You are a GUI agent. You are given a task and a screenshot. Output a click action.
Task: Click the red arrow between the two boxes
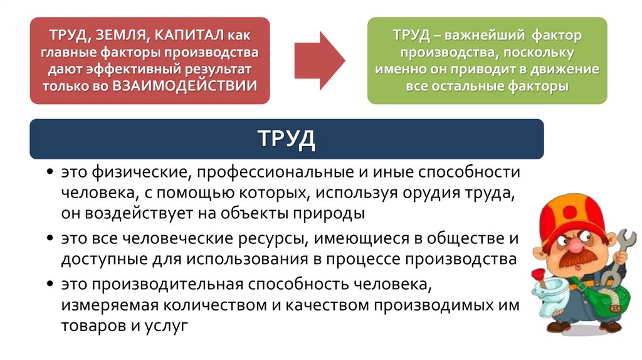pyautogui.click(x=319, y=60)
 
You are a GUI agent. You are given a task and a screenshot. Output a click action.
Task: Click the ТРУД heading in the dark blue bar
pyautogui.click(x=286, y=138)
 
